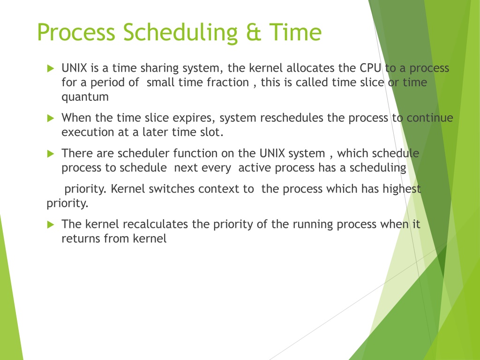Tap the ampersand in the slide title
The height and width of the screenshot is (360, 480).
254,32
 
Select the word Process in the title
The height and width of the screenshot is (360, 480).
76,32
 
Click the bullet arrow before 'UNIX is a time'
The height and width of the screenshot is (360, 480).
51,68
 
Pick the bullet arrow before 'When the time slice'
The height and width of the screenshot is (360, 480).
51,118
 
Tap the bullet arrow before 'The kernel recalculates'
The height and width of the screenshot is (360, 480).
51,225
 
